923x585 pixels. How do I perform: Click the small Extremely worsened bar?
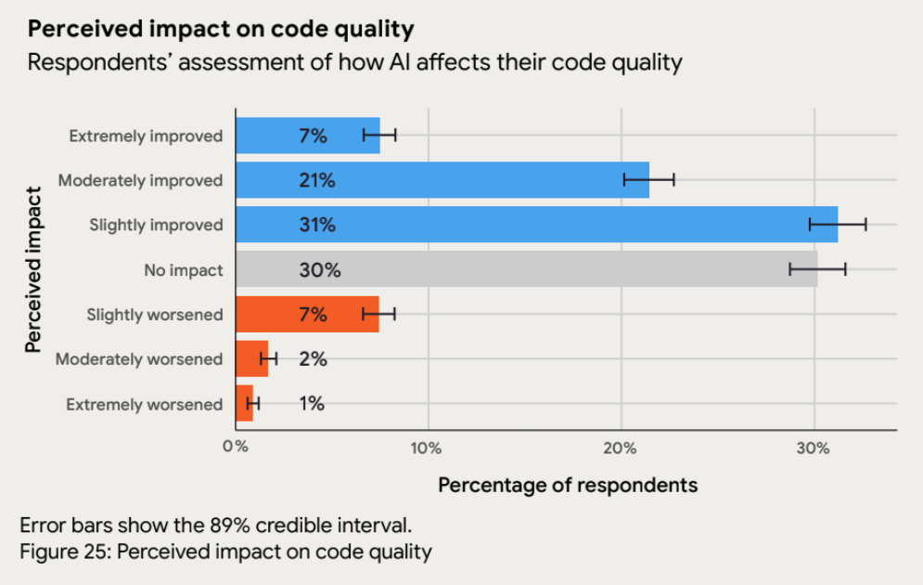(243, 404)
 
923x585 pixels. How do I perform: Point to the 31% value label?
(317, 225)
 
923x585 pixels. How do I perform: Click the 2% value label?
(313, 359)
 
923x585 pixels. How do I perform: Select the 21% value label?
(317, 180)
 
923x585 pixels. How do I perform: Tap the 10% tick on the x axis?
(428, 448)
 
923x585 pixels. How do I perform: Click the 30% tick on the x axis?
(814, 448)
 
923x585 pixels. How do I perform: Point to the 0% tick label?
(236, 448)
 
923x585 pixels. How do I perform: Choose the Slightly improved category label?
(156, 225)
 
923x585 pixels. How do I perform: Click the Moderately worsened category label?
(139, 359)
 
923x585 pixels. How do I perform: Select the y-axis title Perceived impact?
(34, 270)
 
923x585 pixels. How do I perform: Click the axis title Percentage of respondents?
(567, 485)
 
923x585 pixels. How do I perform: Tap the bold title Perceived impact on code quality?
(221, 29)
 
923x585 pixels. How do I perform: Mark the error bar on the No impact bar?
(817, 270)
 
